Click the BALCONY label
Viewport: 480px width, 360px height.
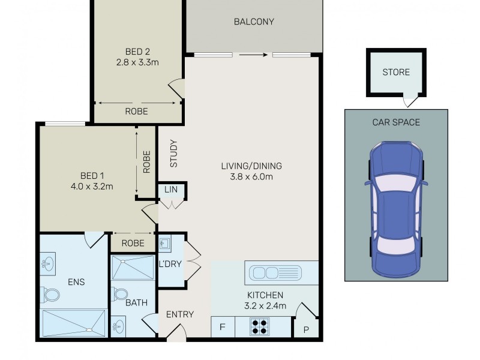click(x=253, y=22)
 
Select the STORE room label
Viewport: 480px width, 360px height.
click(x=396, y=72)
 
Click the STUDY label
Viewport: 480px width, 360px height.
click(x=173, y=154)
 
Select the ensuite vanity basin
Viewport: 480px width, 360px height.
click(x=48, y=263)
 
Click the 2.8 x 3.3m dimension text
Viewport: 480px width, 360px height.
click(x=137, y=61)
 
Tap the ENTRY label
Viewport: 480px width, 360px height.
click(x=180, y=314)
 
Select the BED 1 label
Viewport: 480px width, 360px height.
click(x=92, y=175)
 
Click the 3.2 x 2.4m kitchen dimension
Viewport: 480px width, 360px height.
click(x=266, y=306)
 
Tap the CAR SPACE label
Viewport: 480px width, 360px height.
click(x=396, y=122)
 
